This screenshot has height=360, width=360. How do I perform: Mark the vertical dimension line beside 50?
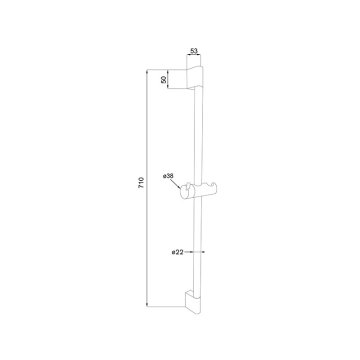click(173, 77)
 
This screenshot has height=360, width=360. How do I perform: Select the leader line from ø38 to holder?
click(179, 182)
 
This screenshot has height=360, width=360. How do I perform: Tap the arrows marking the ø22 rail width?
click(197, 253)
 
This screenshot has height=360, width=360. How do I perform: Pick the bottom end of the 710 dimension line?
click(149, 305)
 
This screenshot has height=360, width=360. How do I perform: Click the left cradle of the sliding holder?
click(186, 189)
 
